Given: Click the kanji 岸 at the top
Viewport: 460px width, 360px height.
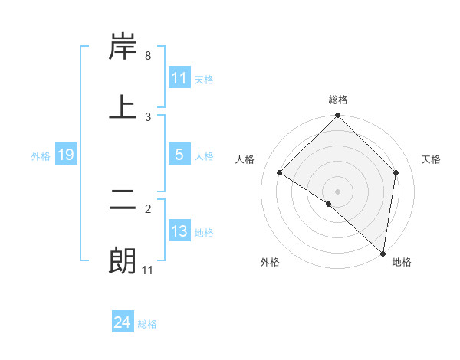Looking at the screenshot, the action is pyautogui.click(x=123, y=48).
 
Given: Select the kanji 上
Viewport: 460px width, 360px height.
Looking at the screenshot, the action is pyautogui.click(x=123, y=107).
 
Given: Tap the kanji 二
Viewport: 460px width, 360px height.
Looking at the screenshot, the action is pyautogui.click(x=123, y=201).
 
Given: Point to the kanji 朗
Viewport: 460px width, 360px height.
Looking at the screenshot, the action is pyautogui.click(x=123, y=261).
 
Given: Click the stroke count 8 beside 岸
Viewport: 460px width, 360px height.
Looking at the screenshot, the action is pyautogui.click(x=148, y=56).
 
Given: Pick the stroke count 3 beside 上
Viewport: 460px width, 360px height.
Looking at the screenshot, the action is pyautogui.click(x=148, y=116).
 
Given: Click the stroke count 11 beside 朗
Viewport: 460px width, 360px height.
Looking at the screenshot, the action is pyautogui.click(x=148, y=270).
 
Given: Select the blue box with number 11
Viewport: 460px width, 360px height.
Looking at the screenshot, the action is pyautogui.click(x=179, y=78).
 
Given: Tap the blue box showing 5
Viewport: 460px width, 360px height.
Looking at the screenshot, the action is pyautogui.click(x=179, y=155).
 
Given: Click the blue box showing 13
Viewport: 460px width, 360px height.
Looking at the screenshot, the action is pyautogui.click(x=179, y=231).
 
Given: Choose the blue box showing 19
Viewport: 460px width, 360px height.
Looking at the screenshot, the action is pyautogui.click(x=66, y=155).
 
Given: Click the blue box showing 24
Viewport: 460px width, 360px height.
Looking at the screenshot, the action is pyautogui.click(x=123, y=322).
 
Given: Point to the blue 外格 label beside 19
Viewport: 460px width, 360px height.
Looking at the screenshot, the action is pyautogui.click(x=41, y=155).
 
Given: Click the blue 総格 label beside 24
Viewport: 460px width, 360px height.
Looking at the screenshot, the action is pyautogui.click(x=147, y=324).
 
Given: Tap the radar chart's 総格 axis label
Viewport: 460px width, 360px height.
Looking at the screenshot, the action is pyautogui.click(x=338, y=100).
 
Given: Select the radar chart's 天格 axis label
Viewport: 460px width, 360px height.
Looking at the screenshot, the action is pyautogui.click(x=431, y=159).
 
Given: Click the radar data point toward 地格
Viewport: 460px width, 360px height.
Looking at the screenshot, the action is pyautogui.click(x=383, y=254).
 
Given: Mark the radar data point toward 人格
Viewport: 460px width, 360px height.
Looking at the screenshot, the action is pyautogui.click(x=280, y=173).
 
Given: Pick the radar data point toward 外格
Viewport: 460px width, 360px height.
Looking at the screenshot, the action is pyautogui.click(x=329, y=204).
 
